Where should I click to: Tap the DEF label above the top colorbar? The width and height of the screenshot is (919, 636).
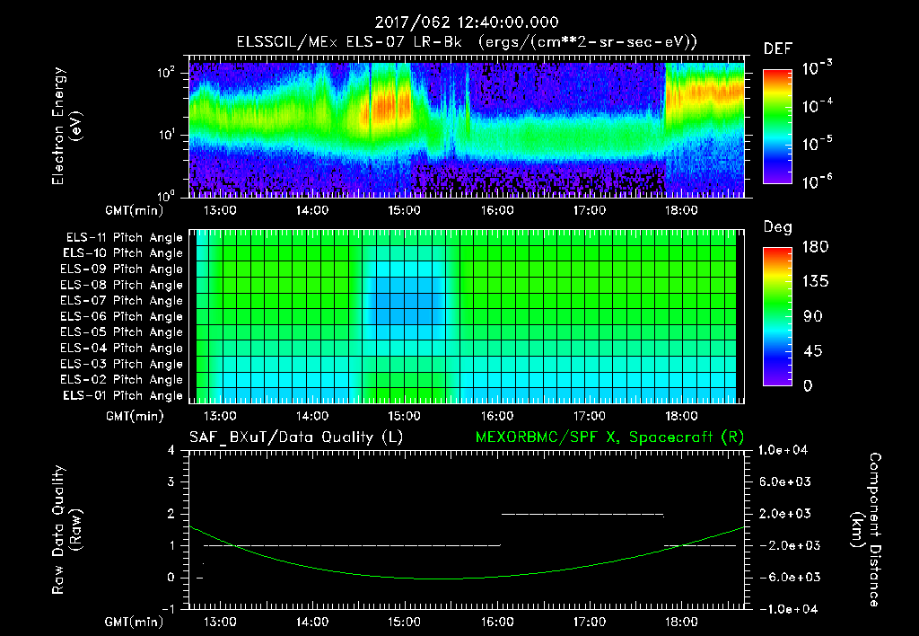click(777, 49)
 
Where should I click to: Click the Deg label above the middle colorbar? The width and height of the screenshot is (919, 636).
click(777, 228)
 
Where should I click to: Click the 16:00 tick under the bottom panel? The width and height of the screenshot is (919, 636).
click(496, 621)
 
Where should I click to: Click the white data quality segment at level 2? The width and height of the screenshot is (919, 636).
click(582, 514)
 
